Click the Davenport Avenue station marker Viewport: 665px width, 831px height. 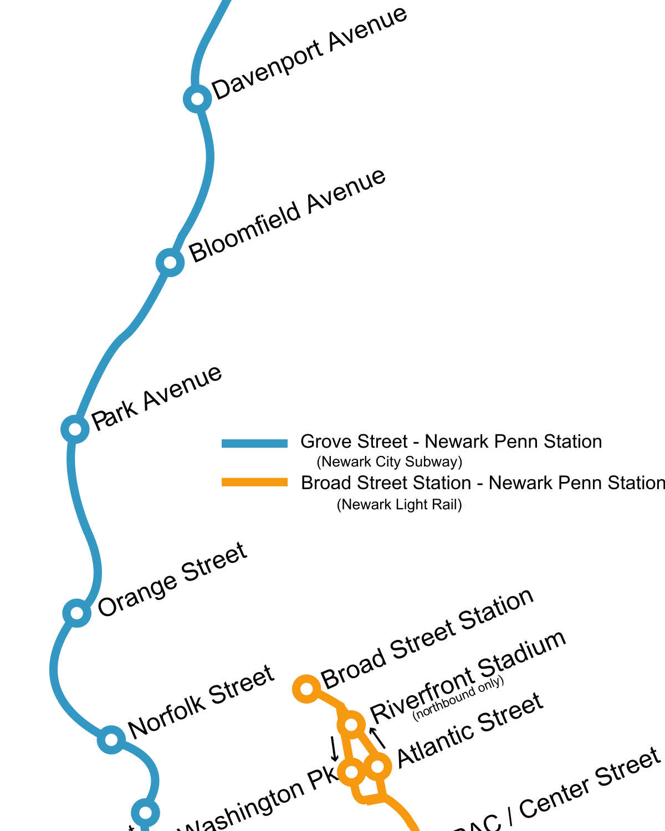[x=197, y=99]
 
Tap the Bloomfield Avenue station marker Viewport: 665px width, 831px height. [x=170, y=262]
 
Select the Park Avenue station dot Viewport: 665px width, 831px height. [x=75, y=429]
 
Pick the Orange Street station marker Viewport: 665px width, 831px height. [x=76, y=613]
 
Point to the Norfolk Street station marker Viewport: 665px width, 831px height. [x=111, y=740]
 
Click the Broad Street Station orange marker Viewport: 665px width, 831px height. [x=306, y=689]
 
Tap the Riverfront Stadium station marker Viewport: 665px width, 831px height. [x=351, y=724]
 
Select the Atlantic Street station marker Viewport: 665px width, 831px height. [x=377, y=766]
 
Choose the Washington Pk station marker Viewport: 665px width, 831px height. [x=351, y=771]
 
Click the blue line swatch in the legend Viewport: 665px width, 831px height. [x=254, y=443]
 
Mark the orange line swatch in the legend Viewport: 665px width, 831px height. [x=254, y=482]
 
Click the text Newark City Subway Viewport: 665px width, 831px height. [x=389, y=462]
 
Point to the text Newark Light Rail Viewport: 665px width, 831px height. [x=399, y=505]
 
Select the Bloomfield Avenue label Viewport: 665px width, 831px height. [x=287, y=216]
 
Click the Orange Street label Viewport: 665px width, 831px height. [x=172, y=579]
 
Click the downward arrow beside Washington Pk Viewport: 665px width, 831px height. [x=334, y=748]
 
